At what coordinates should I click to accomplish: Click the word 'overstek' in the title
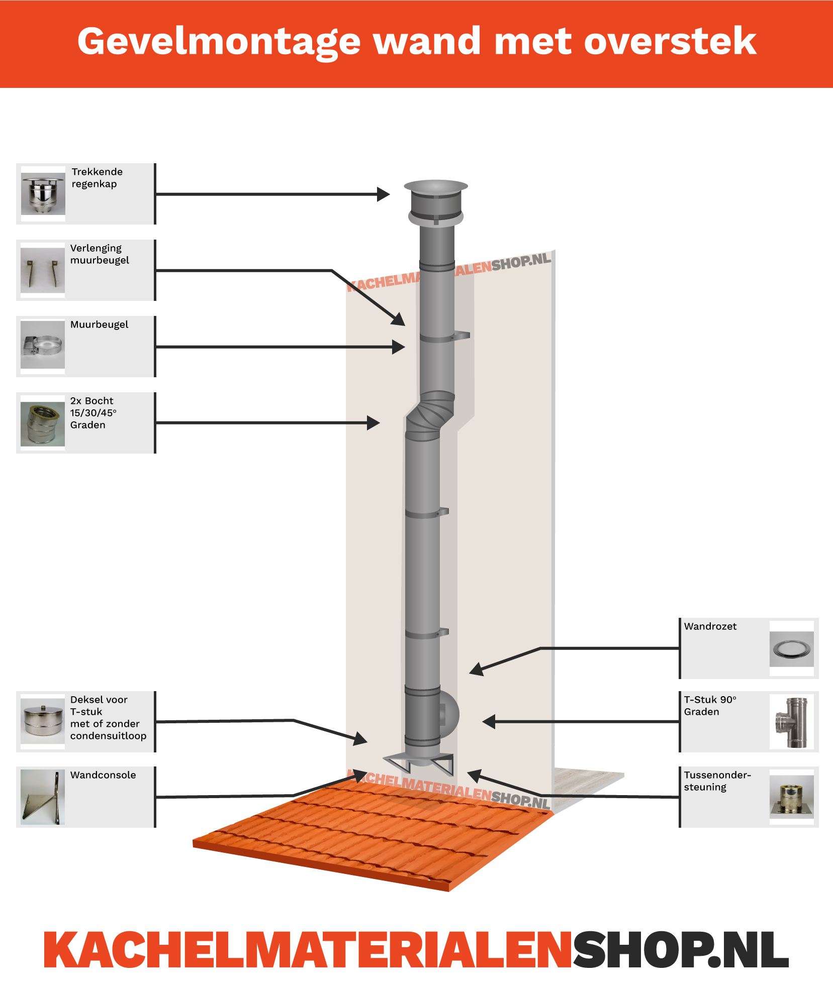tap(670, 42)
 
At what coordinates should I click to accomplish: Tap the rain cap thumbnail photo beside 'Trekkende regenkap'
tap(43, 193)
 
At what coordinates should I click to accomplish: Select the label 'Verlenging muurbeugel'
tap(100, 254)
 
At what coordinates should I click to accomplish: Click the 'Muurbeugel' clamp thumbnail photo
tap(43, 346)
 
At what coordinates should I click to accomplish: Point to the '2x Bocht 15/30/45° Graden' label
tap(94, 413)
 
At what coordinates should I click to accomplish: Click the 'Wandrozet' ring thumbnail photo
tap(791, 649)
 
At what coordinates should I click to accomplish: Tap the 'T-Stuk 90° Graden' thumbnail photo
tap(791, 722)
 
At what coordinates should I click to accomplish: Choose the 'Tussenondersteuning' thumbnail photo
tap(791, 797)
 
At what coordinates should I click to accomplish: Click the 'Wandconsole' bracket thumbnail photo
tap(43, 797)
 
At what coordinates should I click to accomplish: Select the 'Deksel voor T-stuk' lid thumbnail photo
tap(43, 722)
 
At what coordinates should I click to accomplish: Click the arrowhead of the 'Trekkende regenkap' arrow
tap(385, 194)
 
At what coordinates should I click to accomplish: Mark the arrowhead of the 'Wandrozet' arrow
tap(475, 670)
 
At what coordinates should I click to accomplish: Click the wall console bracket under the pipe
tap(419, 763)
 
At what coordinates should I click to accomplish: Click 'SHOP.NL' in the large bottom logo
tap(681, 950)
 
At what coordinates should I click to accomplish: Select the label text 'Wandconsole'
tap(103, 775)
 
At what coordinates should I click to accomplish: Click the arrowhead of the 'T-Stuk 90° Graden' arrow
tap(488, 722)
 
